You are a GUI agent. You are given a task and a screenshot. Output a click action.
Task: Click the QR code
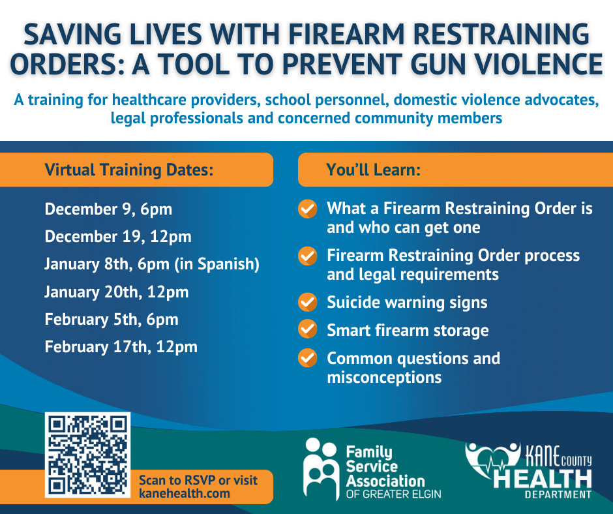pyautogui.click(x=87, y=455)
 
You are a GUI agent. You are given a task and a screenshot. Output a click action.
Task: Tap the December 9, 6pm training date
pyautogui.click(x=108, y=209)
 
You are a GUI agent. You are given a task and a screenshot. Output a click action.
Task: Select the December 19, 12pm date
pyautogui.click(x=118, y=237)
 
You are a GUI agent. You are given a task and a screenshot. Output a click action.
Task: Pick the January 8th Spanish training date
pyautogui.click(x=152, y=264)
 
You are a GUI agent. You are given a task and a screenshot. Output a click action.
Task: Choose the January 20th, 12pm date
pyautogui.click(x=117, y=292)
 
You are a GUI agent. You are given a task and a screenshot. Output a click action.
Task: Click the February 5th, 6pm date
pyautogui.click(x=112, y=320)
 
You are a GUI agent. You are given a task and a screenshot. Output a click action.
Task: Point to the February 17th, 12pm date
pyautogui.click(x=121, y=347)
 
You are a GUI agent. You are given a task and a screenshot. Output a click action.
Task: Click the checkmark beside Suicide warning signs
pyautogui.click(x=307, y=303)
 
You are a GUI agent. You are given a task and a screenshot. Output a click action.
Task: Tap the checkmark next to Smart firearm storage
pyautogui.click(x=307, y=330)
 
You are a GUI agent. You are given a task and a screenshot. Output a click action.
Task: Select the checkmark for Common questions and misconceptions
pyautogui.click(x=307, y=358)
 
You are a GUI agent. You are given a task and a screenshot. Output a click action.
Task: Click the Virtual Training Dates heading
pyautogui.click(x=129, y=170)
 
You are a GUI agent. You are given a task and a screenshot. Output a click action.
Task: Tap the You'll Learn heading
pyautogui.click(x=373, y=170)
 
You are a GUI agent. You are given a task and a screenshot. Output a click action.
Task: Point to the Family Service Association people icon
pyautogui.click(x=321, y=468)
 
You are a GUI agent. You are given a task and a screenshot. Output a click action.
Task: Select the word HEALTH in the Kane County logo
pyautogui.click(x=543, y=479)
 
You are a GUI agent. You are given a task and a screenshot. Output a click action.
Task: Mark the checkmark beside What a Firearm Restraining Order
pyautogui.click(x=307, y=209)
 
